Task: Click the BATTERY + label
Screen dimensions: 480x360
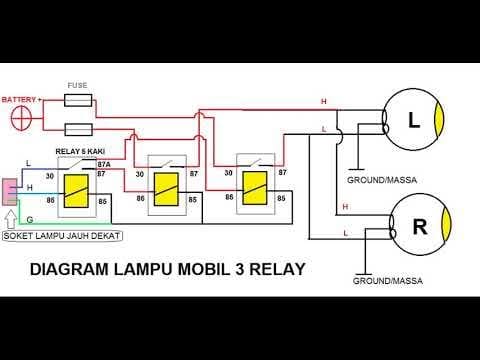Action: point(22,100)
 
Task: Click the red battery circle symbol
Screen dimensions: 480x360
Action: point(21,118)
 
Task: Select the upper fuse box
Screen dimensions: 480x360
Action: point(78,100)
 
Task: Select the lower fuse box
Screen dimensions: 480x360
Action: point(78,130)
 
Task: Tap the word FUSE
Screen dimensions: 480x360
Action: point(77,85)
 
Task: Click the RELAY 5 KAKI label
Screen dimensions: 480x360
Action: point(80,151)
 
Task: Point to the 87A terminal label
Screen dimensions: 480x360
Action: point(104,165)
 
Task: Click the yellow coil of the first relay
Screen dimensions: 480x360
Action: point(76,191)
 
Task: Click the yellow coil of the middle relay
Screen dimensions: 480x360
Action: point(166,189)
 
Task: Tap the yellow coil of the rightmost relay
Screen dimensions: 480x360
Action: point(255,188)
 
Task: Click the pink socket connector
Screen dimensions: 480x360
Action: point(10,192)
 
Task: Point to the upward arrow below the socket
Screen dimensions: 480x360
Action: point(11,220)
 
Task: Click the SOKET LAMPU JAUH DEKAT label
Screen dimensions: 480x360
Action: point(62,236)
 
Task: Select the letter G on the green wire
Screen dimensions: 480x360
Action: point(30,220)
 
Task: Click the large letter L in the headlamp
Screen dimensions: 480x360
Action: point(414,120)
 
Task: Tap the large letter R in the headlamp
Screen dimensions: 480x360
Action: point(420,227)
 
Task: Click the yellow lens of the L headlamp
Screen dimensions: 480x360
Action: point(440,120)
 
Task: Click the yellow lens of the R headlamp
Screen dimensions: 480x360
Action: point(446,224)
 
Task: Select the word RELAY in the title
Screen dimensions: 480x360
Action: point(277,269)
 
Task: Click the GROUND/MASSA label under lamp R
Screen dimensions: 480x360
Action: point(388,281)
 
